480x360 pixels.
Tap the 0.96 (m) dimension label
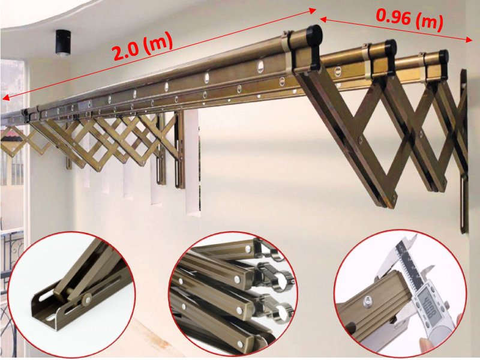point(410,20)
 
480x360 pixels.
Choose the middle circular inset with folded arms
point(233,295)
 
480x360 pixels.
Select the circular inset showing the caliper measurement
point(400,294)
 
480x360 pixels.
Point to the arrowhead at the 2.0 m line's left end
point(4,98)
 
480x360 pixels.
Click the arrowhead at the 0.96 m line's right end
point(470,40)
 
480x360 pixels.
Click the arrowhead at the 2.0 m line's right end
point(312,11)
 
